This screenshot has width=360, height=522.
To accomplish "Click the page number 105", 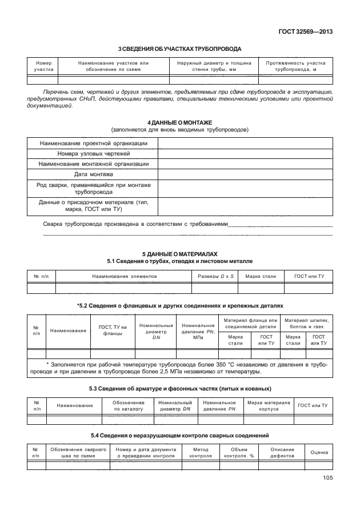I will tap(327, 479).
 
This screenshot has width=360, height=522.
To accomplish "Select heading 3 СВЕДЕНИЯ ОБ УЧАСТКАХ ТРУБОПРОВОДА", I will tap(179, 49).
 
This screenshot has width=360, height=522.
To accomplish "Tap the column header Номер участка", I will tap(43, 66).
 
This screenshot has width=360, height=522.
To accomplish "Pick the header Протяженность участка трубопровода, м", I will tap(295, 66).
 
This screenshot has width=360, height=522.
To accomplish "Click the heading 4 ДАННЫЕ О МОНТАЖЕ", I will tap(179, 123).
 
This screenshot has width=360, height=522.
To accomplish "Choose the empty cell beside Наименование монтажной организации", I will tap(245, 164).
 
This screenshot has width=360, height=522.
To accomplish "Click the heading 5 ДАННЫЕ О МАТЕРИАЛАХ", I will tap(179, 253).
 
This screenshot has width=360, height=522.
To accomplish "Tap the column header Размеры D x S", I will tap(213, 276).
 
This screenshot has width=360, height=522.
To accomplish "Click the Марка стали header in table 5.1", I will tap(261, 276).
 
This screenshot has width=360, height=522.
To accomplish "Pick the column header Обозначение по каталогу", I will tap(129, 406).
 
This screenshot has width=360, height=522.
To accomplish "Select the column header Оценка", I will tap(319, 452).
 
